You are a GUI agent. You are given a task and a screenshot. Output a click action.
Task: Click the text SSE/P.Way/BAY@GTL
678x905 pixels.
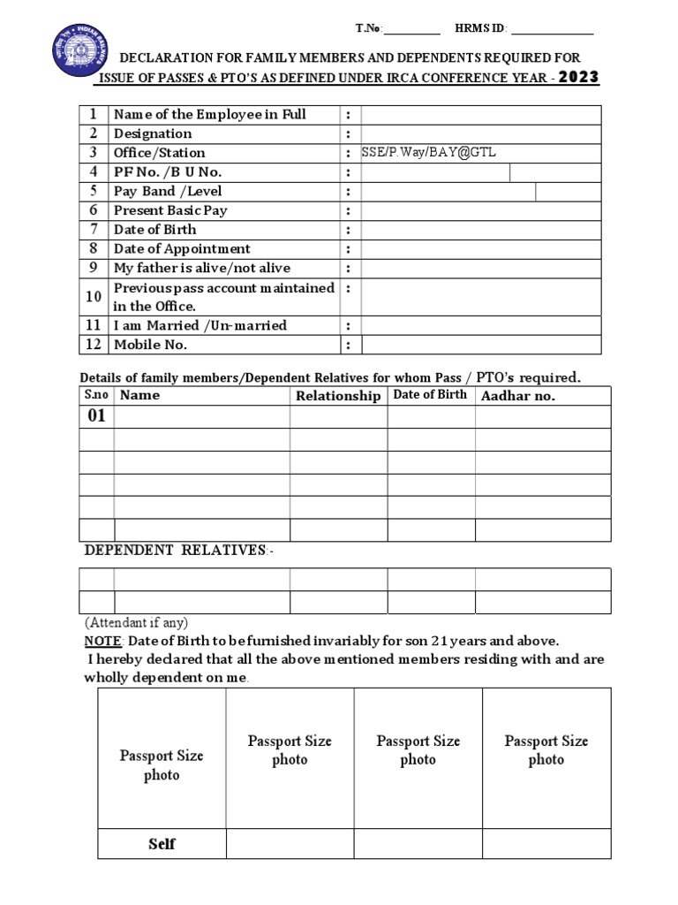click(x=429, y=153)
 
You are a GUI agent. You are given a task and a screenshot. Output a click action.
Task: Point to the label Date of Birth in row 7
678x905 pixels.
click(x=155, y=230)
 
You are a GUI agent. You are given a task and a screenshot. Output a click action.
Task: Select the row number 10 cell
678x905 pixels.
click(x=94, y=297)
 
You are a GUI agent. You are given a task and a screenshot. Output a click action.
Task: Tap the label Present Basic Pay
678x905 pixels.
click(x=170, y=210)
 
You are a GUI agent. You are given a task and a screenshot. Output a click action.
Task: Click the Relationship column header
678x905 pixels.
click(x=338, y=396)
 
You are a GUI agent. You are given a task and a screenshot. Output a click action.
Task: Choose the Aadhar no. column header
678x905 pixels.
click(x=518, y=396)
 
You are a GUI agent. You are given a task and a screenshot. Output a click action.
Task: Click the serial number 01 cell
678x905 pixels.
click(x=96, y=416)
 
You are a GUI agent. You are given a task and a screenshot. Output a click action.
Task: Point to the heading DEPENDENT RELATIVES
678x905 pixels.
click(x=179, y=551)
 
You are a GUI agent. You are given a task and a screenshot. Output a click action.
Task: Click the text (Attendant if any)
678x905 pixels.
click(x=136, y=622)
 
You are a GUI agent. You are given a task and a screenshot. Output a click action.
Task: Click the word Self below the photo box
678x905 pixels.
click(x=162, y=844)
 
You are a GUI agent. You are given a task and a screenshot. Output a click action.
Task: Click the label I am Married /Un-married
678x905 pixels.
click(x=200, y=325)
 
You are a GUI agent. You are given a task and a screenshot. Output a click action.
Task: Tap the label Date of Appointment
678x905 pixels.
click(x=182, y=249)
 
